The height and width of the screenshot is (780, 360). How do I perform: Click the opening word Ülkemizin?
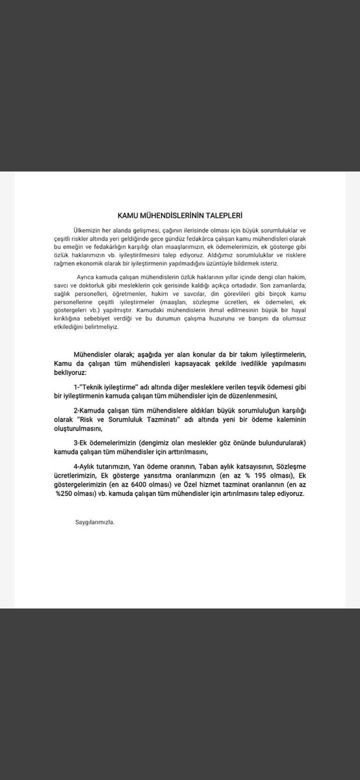(x=88, y=231)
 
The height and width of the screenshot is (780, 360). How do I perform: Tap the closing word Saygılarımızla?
(x=95, y=521)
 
